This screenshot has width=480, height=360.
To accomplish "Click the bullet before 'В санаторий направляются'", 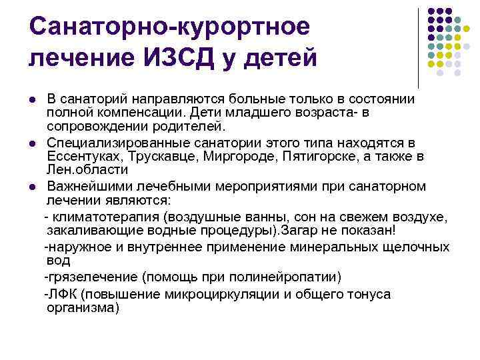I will point(32,99).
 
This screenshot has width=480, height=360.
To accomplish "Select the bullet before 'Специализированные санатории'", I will point(32,143).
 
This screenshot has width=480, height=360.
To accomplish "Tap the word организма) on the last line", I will point(83,307).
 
